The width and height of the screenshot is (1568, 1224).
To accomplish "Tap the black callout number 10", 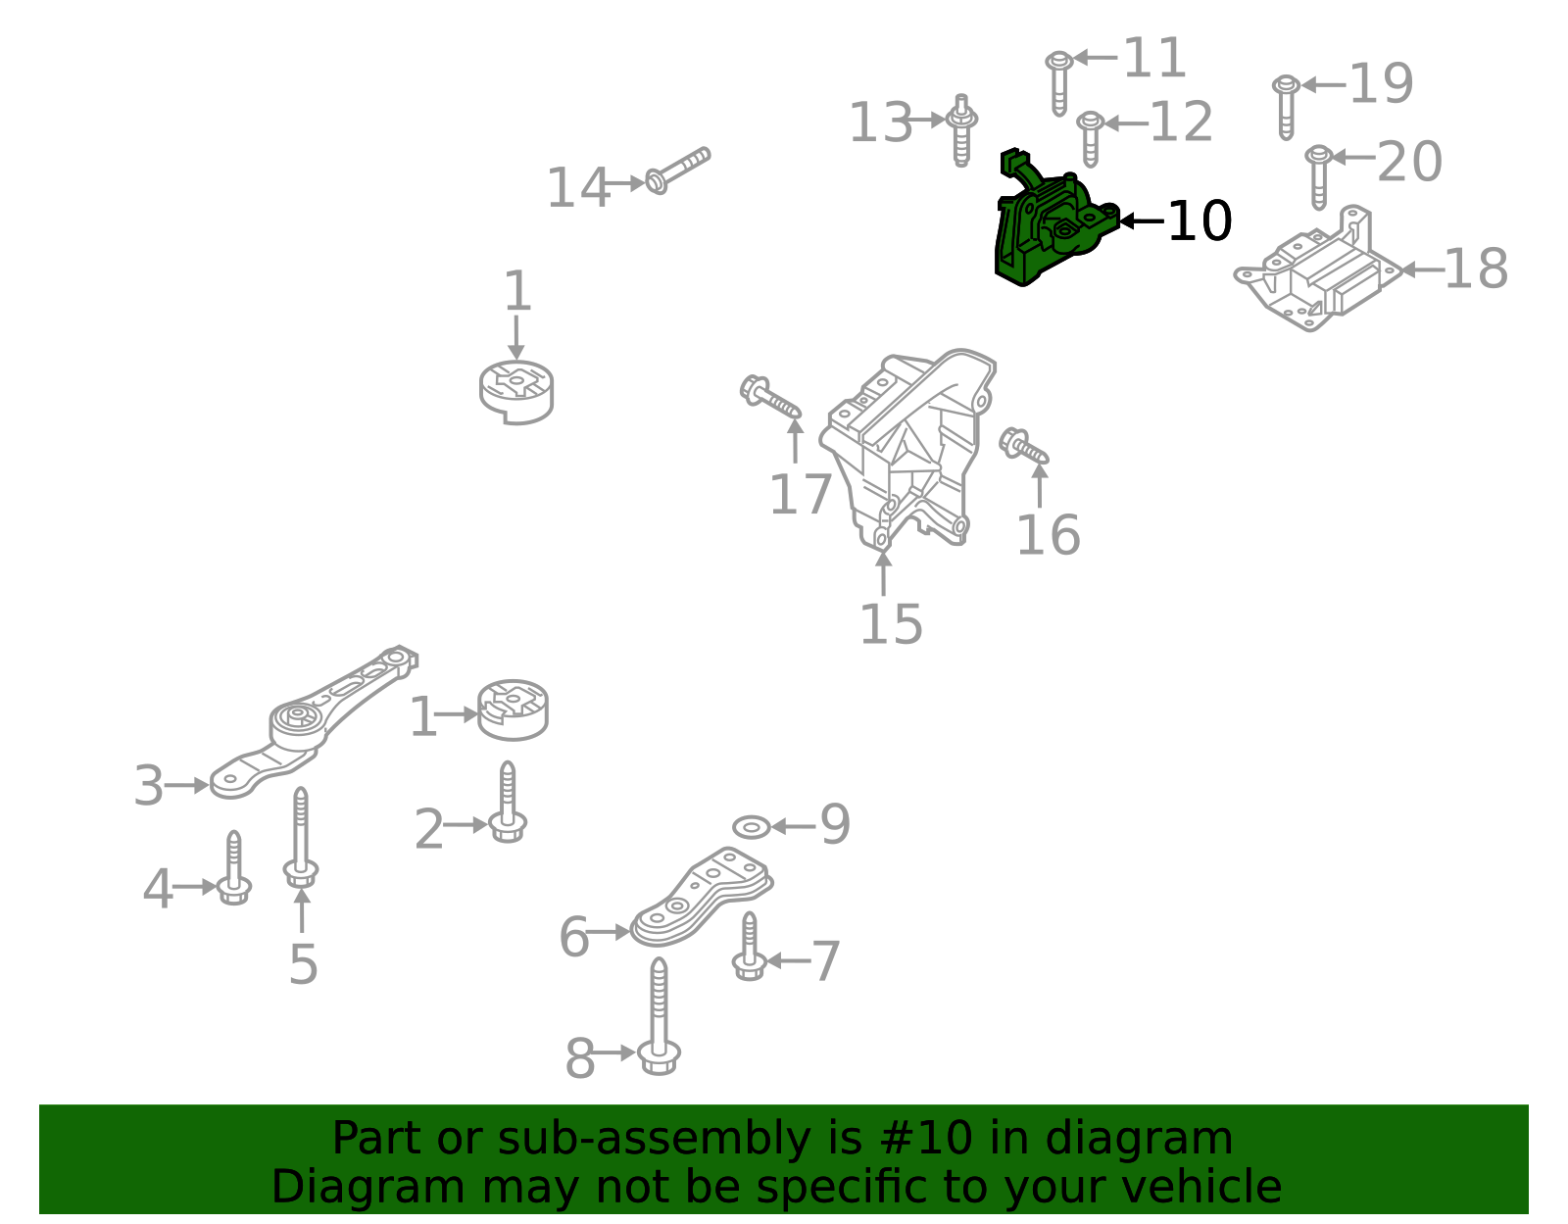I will click(1200, 221).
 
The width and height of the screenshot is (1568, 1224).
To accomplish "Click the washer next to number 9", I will click(751, 827).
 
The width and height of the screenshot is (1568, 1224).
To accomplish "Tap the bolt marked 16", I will click(1023, 448).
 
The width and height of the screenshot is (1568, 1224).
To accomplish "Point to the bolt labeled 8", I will click(659, 1019).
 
